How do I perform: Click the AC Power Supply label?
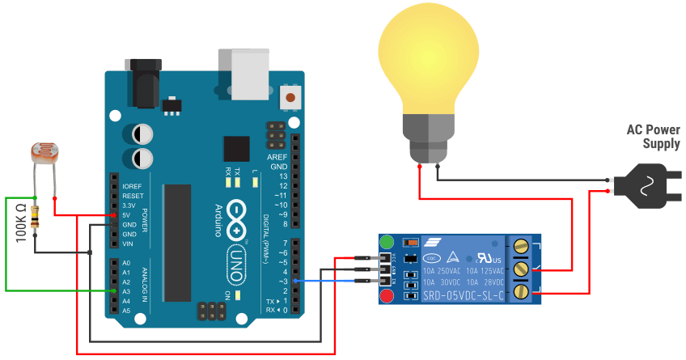(653, 137)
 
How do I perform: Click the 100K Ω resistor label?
(22, 222)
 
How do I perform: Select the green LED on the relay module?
(387, 242)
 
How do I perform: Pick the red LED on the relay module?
(387, 296)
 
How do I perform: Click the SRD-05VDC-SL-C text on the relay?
(462, 297)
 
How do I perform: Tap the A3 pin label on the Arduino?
(126, 291)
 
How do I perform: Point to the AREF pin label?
(277, 156)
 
